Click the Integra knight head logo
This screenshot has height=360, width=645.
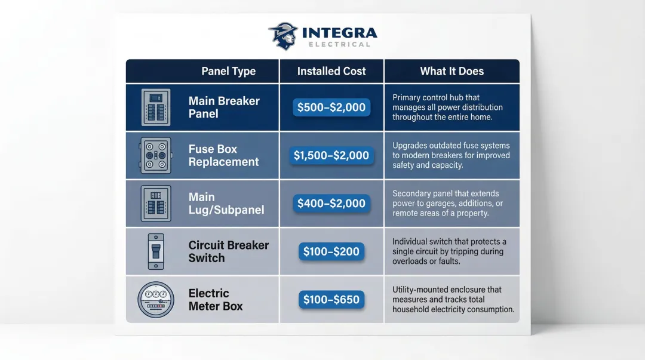pos(282,36)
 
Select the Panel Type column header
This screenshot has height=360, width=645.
pos(228,72)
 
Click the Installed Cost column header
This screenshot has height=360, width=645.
pos(331,72)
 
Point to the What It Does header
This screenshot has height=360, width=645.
pos(451,72)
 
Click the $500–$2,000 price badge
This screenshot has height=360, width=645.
pos(331,107)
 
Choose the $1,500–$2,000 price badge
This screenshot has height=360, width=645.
pos(331,155)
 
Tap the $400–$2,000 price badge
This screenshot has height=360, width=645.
pos(331,204)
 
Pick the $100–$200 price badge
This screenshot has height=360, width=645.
pos(331,251)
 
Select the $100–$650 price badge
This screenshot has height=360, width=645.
pos(331,300)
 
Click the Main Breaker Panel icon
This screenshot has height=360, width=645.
pos(156,107)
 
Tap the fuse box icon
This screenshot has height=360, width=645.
pos(156,155)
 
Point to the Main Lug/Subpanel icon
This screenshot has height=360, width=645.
pos(156,204)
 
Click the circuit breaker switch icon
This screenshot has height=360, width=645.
pos(155,251)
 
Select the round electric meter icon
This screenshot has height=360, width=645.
pos(155,300)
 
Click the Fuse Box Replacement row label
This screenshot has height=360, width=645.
pos(223,155)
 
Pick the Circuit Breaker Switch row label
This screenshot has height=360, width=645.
pos(228,251)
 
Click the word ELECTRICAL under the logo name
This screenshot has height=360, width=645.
pos(339,44)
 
